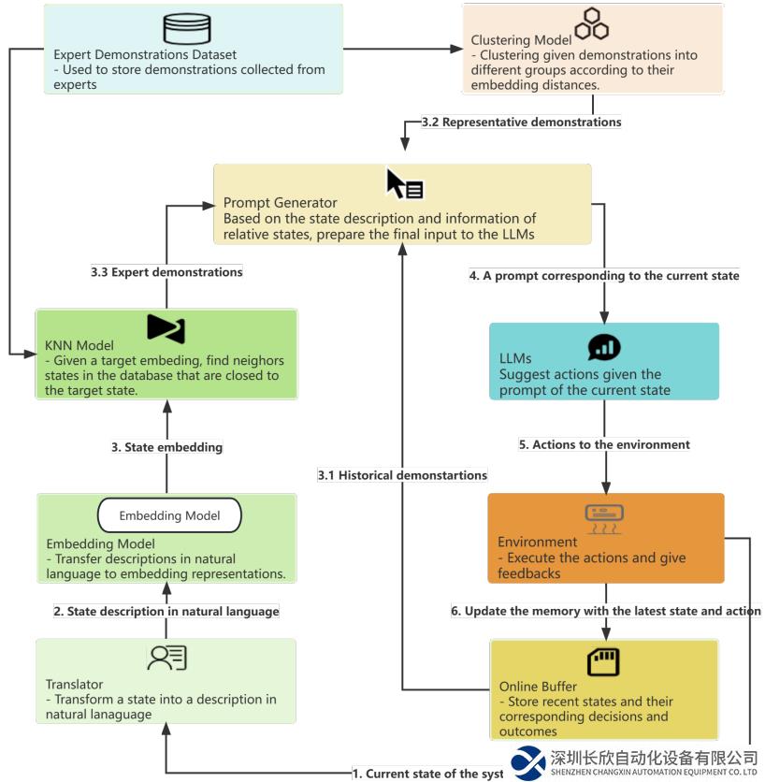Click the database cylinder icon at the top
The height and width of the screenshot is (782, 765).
click(x=180, y=29)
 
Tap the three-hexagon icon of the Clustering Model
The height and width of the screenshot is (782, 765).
click(x=592, y=24)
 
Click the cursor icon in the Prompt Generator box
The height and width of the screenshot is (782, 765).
click(x=404, y=184)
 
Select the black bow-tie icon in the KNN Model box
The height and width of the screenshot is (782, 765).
click(x=166, y=328)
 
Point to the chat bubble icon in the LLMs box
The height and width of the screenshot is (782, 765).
click(x=603, y=348)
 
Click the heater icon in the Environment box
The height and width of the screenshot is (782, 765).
click(x=604, y=517)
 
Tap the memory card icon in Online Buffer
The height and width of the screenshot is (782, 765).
click(x=603, y=662)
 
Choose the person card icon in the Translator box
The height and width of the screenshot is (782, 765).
click(x=166, y=659)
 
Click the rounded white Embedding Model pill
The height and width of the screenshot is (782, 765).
click(x=169, y=515)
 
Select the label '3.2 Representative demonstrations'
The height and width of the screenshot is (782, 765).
click(x=521, y=122)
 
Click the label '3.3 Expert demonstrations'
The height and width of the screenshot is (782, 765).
click(x=166, y=272)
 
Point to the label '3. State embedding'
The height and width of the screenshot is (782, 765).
click(x=166, y=447)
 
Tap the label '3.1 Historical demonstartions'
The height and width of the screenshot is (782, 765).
click(x=402, y=475)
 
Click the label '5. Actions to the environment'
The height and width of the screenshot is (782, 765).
click(x=604, y=444)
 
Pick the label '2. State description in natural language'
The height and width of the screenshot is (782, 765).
click(x=166, y=612)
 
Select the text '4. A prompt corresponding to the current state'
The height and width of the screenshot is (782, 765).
click(x=604, y=276)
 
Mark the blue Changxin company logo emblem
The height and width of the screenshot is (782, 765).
click(x=529, y=762)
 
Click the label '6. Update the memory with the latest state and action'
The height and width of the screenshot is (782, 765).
click(x=606, y=611)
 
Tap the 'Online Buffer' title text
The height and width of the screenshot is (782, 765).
click(x=538, y=687)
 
